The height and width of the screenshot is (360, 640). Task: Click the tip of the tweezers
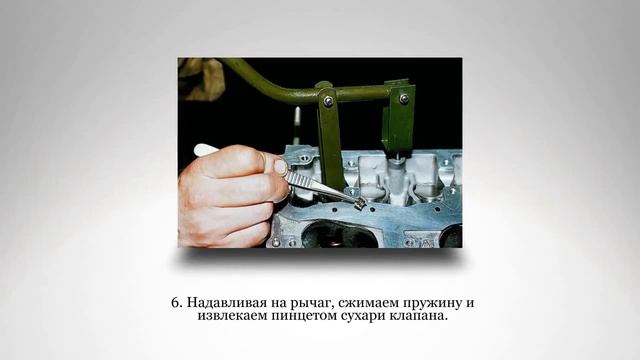tap(357, 203)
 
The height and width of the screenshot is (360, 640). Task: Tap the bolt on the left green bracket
tap(328, 101)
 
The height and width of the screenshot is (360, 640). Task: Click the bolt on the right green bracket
tap(404, 98)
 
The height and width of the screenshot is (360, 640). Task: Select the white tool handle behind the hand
tap(205, 149)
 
